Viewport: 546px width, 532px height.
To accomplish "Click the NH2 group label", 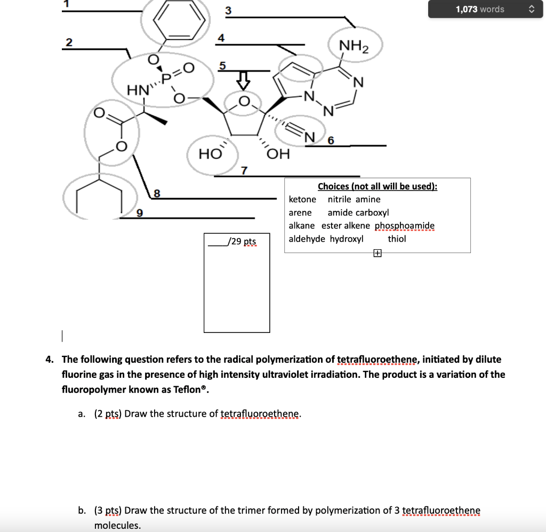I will click(354, 46).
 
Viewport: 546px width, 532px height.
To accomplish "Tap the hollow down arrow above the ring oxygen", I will click(243, 81).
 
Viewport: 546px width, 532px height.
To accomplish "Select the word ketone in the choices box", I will click(302, 200).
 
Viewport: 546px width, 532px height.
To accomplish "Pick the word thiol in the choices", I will click(397, 239).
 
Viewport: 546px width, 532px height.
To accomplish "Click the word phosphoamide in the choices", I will click(405, 226).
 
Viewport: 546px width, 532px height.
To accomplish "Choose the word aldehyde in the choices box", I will click(307, 239).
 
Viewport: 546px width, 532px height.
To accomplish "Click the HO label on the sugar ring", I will click(210, 154).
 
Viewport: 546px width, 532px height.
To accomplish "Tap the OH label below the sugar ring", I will click(278, 155).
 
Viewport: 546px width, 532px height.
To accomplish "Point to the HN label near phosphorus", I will click(137, 91).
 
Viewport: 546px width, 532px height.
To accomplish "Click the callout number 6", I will click(331, 140).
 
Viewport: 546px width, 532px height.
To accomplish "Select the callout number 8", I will click(157, 193).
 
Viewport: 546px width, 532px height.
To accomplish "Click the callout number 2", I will click(69, 43).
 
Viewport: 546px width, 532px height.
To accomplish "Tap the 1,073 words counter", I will click(479, 9).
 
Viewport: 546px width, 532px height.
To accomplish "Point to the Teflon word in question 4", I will click(189, 389).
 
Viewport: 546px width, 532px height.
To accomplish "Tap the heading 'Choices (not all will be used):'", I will click(378, 186).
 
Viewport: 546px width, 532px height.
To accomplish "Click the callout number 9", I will click(140, 213).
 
